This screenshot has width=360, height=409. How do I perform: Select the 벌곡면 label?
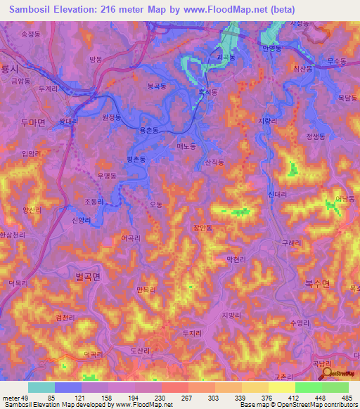88,277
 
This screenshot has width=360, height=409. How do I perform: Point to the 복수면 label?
326,283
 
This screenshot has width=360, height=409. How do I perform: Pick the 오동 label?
156,204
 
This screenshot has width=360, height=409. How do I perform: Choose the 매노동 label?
186,145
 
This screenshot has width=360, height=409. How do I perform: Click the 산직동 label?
214,162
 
